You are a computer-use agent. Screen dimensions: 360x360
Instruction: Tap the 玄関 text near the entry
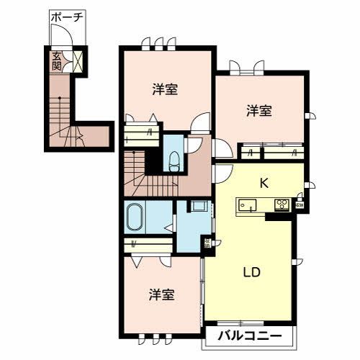click(x=56, y=60)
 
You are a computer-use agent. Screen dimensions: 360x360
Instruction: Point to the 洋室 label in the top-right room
click(x=259, y=111)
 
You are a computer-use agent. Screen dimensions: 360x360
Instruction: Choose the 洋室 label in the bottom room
click(x=162, y=295)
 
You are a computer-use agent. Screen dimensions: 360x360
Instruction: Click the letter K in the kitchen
click(x=264, y=183)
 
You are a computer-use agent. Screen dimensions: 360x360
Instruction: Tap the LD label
click(x=251, y=274)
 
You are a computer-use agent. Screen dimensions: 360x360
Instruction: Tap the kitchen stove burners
click(x=281, y=204)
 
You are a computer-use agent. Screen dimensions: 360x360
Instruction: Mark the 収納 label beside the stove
click(x=299, y=204)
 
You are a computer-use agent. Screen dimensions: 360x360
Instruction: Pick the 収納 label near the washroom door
click(x=207, y=243)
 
